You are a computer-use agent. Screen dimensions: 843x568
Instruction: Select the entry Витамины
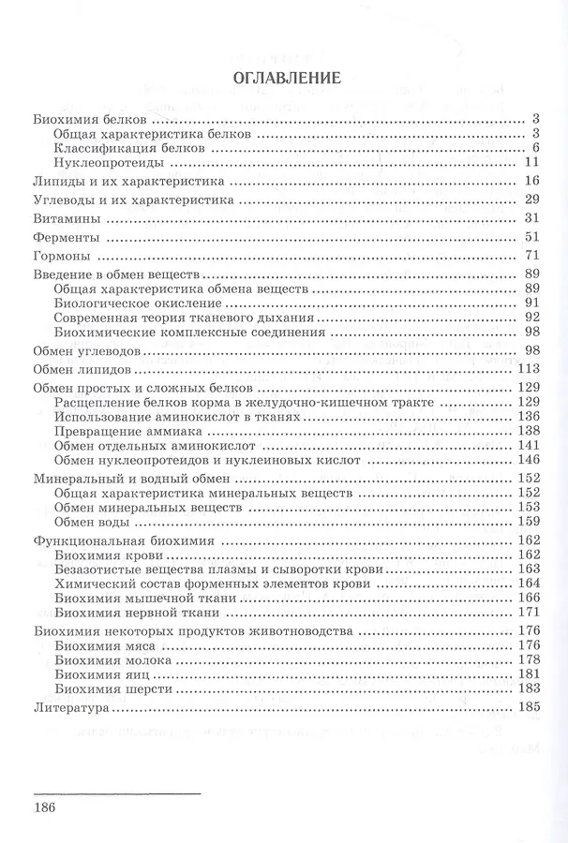click(x=66, y=218)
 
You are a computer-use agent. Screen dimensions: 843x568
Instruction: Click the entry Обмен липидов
click(x=79, y=368)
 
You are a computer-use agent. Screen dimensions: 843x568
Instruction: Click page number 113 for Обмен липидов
click(x=530, y=368)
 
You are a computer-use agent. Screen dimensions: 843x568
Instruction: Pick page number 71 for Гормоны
click(x=533, y=254)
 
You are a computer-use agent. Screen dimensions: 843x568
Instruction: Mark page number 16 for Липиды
click(x=533, y=181)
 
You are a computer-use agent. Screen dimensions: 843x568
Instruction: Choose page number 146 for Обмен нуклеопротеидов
click(x=530, y=460)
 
